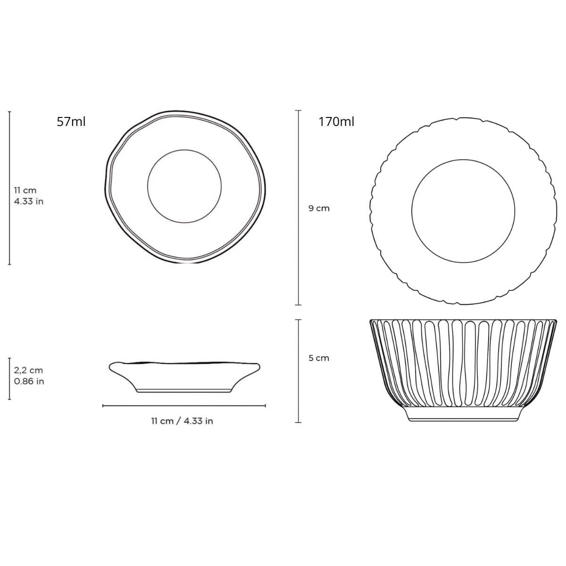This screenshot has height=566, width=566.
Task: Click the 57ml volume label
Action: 71,122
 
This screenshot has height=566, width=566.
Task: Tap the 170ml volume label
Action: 336,122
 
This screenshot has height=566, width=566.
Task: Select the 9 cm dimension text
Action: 319,208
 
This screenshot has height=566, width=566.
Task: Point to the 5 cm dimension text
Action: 319,358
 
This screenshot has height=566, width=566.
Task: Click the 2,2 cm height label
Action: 28,370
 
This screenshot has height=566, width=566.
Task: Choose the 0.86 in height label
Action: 29,381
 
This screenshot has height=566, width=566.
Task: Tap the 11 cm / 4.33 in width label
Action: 182,421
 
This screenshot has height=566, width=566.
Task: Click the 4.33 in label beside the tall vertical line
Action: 28,201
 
